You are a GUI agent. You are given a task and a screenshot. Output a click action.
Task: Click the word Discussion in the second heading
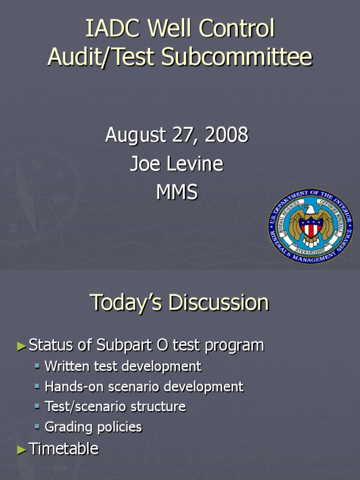click(219, 302)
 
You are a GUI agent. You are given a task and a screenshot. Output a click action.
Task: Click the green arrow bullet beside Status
click(22, 346)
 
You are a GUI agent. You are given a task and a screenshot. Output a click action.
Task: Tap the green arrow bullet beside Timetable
click(22, 450)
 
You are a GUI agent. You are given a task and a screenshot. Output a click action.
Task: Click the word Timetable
click(64, 449)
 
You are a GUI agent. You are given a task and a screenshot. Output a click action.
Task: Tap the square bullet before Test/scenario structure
click(37, 406)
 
